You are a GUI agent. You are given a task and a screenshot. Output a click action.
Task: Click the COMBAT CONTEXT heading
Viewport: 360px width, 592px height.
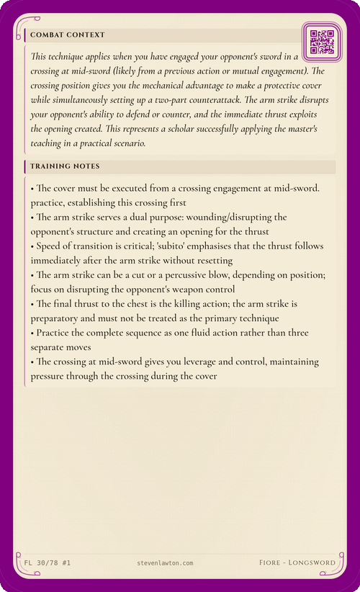tap(68, 35)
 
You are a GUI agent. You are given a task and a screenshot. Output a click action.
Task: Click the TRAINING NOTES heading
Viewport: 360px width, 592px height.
tap(66, 166)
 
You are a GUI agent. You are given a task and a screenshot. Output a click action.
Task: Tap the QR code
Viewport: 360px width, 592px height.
tap(321, 42)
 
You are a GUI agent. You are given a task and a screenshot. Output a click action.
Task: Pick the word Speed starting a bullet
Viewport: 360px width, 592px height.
tap(50, 247)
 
